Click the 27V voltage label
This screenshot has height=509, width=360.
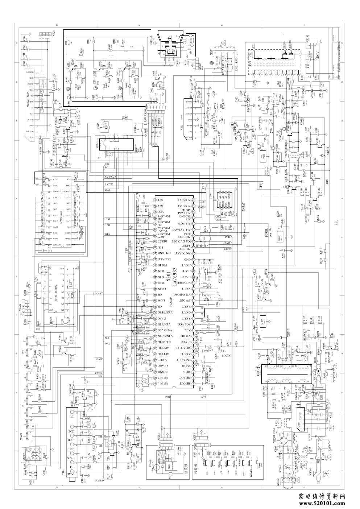[x=269, y=129]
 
